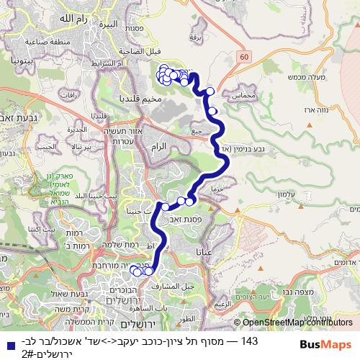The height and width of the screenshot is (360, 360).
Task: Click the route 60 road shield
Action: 245,55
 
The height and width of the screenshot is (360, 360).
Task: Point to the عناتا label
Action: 204,252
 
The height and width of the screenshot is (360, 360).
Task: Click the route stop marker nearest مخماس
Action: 210,91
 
